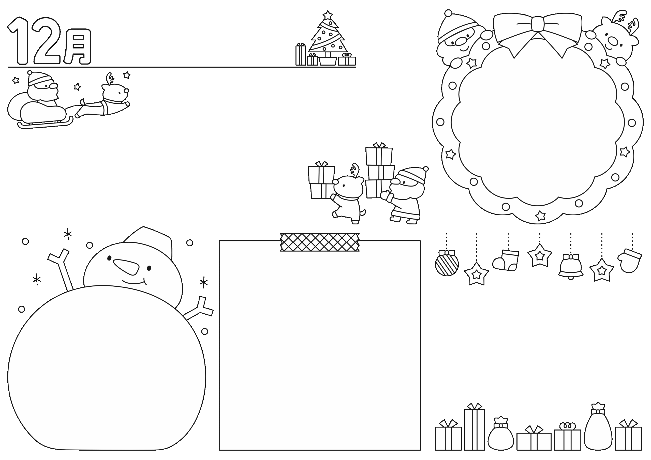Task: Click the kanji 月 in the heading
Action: pyautogui.click(x=77, y=47)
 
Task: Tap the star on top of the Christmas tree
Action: pyautogui.click(x=328, y=15)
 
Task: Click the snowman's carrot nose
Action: pyautogui.click(x=126, y=267)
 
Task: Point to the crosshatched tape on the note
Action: pyautogui.click(x=320, y=242)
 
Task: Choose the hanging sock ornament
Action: pyautogui.click(x=506, y=260)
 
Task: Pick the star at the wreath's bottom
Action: pyautogui.click(x=540, y=216)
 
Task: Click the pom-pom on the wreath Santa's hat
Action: pyautogui.click(x=448, y=13)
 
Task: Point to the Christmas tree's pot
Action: pyautogui.click(x=328, y=61)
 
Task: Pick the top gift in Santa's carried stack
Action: pyautogui.click(x=379, y=155)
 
